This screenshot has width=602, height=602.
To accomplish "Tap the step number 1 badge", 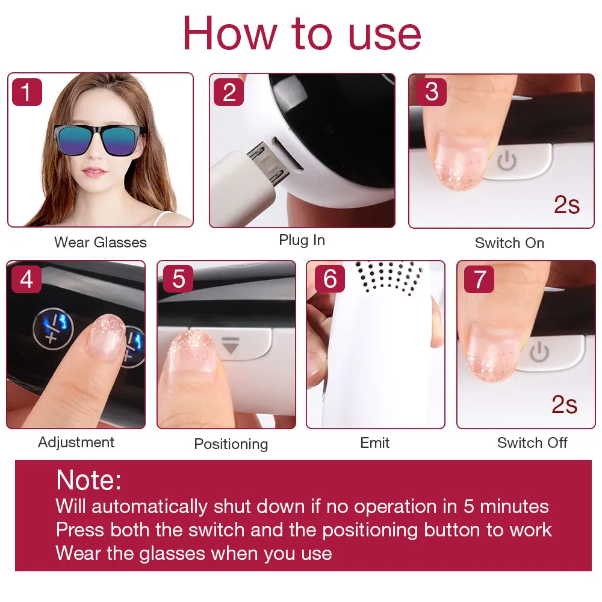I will click(x=26, y=93).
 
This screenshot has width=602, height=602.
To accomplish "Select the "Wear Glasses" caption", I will click(x=101, y=243).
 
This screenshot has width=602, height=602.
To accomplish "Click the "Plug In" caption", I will click(x=302, y=240).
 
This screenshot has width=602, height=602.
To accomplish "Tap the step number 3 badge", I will click(x=431, y=93).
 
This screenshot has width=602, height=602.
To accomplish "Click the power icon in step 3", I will click(x=507, y=161).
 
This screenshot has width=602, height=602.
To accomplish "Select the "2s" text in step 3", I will click(x=566, y=205).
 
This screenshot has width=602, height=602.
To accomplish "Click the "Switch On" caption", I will click(x=509, y=243).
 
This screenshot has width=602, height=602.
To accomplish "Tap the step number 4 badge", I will click(x=26, y=279).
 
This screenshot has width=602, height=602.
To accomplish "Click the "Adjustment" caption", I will click(x=76, y=442).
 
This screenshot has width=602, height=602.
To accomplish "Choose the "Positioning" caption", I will click(x=231, y=444).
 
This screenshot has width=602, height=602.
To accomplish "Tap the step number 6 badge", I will click(x=330, y=279).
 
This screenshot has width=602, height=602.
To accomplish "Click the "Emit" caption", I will click(x=375, y=443).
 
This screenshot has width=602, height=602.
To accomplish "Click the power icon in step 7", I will click(x=540, y=351).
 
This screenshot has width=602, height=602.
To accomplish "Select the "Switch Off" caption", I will click(x=532, y=443).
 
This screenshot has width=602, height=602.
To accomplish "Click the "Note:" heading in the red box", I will click(x=88, y=480).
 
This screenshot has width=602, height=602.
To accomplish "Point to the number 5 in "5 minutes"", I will click(x=469, y=506).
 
